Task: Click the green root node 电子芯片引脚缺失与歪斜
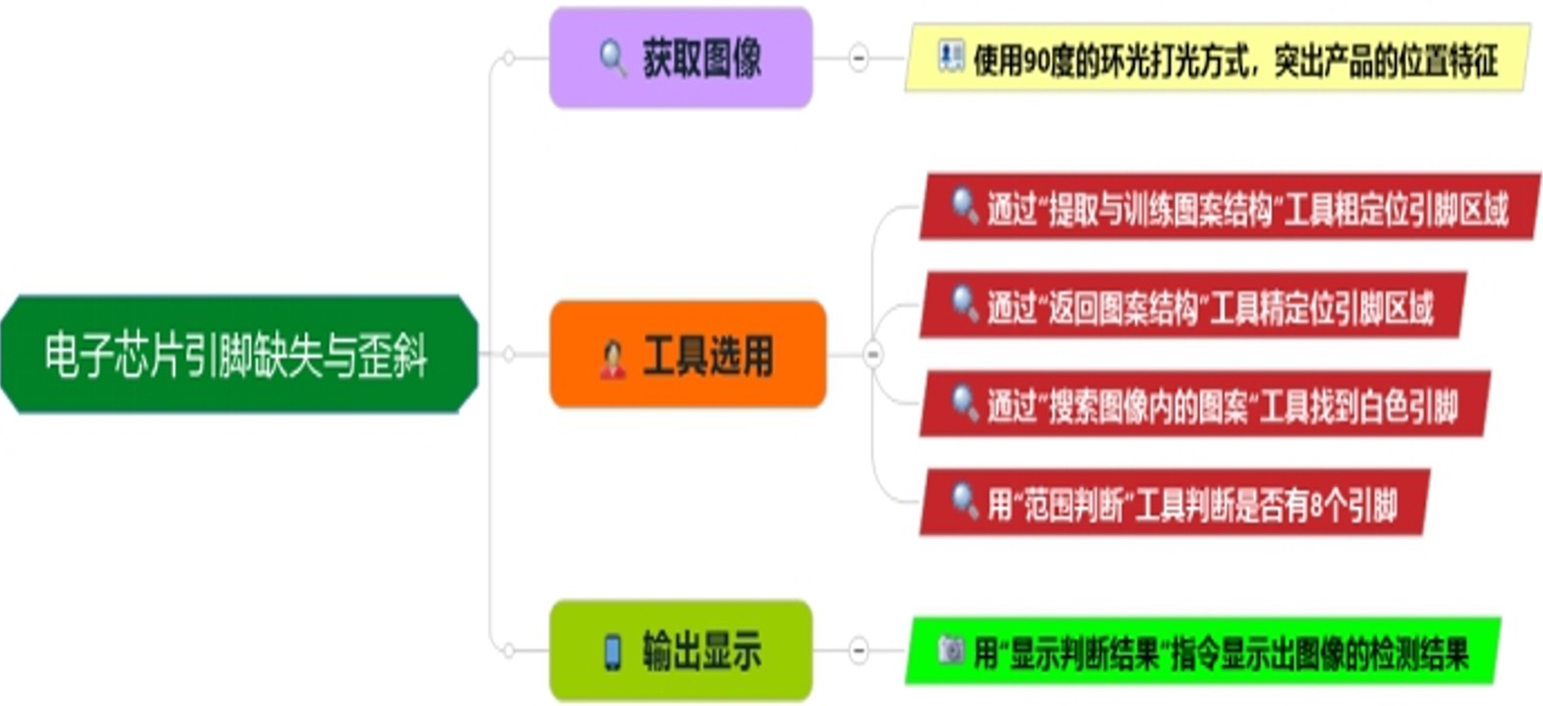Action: coord(238,354)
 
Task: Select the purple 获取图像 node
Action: coord(681,58)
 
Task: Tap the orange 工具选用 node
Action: coord(688,354)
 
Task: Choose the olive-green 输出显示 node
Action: coord(681,650)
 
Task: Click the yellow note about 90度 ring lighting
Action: coord(1217,60)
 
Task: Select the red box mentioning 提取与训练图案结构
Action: coord(1229,208)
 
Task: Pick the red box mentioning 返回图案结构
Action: coord(1191,307)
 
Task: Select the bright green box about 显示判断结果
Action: coord(1203,651)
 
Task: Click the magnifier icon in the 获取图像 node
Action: coord(612,58)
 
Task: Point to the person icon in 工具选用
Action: coord(612,357)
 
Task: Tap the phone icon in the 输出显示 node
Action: coord(612,651)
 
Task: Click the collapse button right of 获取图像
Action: coord(857,58)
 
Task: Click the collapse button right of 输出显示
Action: coord(857,650)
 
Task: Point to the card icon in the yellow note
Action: coord(949,56)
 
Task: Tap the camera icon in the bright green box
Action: coord(950,648)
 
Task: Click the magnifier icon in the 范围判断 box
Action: coord(964,500)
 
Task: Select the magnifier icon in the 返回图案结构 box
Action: coord(964,303)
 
